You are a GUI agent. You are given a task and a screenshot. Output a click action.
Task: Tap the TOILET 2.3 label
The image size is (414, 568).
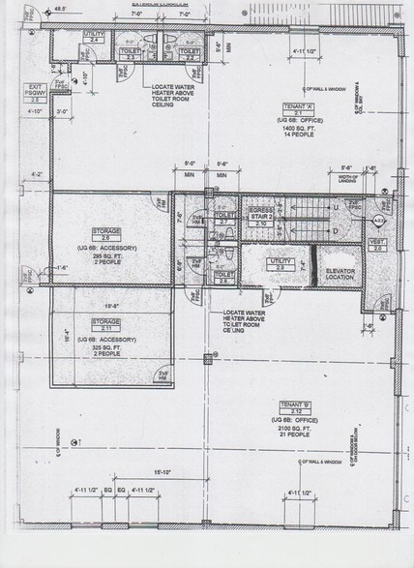coord(131,54)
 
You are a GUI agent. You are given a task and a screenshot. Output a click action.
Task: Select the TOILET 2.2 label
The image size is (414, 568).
coord(190,54)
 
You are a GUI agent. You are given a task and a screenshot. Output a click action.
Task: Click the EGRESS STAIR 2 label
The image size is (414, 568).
coord(260,214)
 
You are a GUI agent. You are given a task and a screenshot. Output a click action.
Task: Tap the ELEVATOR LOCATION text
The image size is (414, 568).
coord(341,274)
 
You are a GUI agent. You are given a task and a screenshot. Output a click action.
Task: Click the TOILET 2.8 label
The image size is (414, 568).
coord(222,276)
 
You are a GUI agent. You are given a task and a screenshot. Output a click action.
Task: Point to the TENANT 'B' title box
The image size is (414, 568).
coord(296,404)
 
